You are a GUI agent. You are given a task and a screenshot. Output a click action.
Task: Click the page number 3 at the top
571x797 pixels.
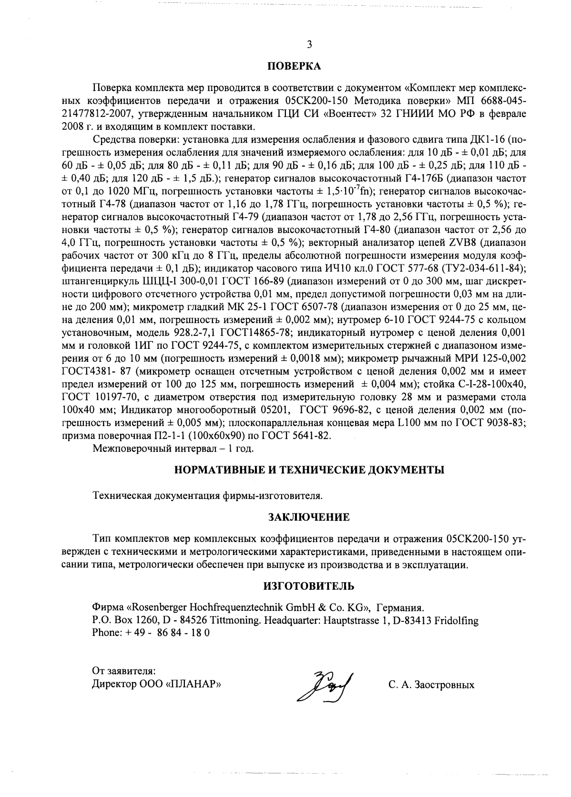coord(309,45)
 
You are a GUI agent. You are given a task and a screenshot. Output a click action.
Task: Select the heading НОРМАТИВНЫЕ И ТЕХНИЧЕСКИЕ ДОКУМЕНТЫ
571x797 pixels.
coord(309,470)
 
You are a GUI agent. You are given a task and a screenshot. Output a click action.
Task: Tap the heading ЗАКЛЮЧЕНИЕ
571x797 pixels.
coord(309,517)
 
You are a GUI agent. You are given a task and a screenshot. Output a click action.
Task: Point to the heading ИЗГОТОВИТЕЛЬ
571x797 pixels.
coord(309,586)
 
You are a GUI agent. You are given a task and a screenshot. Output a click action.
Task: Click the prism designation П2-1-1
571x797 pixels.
coord(169,436)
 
